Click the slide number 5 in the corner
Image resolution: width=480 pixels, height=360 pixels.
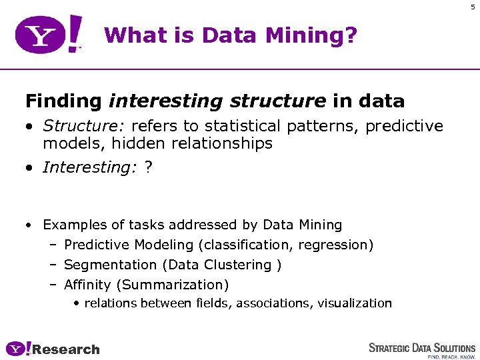(473, 7)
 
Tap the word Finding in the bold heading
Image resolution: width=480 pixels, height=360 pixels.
(63, 101)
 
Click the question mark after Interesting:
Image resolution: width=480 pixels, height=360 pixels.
(148, 167)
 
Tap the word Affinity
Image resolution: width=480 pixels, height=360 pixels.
(87, 285)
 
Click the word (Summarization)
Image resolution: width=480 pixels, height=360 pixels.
(172, 285)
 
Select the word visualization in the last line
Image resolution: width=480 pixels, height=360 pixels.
(355, 303)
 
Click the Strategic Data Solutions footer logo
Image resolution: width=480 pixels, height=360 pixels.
(422, 349)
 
